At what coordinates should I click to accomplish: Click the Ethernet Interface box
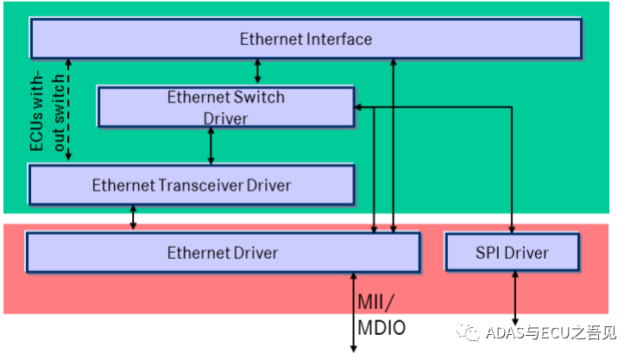(x=306, y=39)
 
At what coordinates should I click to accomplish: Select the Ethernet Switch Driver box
(x=225, y=107)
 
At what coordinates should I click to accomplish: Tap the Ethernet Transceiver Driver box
(x=191, y=186)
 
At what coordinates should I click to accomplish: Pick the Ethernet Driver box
(x=223, y=253)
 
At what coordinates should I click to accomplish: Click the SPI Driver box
(x=512, y=253)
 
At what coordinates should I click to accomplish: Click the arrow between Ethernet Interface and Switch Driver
(x=256, y=72)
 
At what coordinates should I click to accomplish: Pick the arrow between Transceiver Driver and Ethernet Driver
(x=133, y=218)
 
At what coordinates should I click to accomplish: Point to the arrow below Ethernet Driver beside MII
(x=353, y=312)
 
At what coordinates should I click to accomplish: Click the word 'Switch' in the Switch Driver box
(x=258, y=97)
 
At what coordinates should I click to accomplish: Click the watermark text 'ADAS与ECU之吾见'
(x=552, y=332)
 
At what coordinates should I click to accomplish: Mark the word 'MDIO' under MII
(x=381, y=329)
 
